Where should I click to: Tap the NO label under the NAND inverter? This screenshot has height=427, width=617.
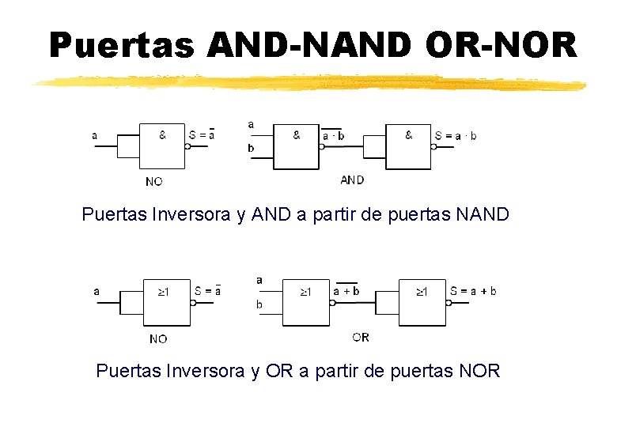[154, 181]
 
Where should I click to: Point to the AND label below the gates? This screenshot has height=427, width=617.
[352, 179]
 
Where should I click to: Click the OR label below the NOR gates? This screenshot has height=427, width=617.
[360, 337]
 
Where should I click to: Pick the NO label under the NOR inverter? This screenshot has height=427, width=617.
[158, 338]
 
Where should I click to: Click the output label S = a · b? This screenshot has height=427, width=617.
[456, 135]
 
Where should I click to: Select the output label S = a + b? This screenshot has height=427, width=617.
[473, 291]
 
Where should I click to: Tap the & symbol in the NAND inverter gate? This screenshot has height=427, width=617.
[163, 135]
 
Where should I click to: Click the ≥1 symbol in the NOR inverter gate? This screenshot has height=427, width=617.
[163, 292]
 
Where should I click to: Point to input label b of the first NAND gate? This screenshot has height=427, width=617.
[251, 148]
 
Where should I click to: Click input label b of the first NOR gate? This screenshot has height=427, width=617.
[259, 304]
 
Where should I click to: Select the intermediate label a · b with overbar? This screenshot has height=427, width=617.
[333, 135]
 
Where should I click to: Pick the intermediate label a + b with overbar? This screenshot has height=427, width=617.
[346, 291]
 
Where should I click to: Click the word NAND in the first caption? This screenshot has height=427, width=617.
[483, 214]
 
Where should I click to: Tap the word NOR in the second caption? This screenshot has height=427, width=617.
[479, 371]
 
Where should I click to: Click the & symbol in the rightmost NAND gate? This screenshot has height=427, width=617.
[408, 135]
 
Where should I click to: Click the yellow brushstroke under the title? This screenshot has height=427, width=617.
[308, 82]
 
